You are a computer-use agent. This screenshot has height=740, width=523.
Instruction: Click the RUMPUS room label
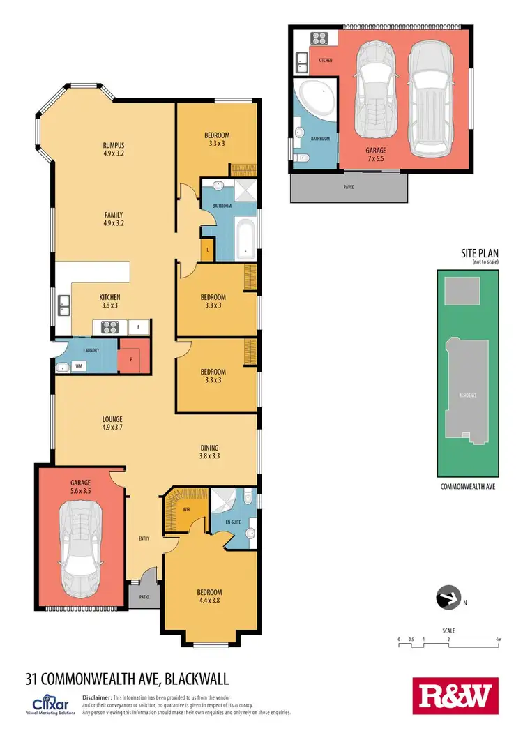point(113,146)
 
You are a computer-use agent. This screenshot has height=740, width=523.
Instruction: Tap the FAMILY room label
point(113,216)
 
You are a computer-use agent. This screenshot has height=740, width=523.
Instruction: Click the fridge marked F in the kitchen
point(139,326)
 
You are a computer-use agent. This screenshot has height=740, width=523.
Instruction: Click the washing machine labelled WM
point(78,365)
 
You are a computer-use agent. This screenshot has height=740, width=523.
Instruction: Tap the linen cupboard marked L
point(206,249)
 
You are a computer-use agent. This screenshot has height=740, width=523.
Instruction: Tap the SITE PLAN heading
point(480,254)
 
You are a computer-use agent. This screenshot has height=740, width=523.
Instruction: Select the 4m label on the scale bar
point(497,639)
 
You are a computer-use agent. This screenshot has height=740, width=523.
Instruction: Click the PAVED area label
point(348,187)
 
